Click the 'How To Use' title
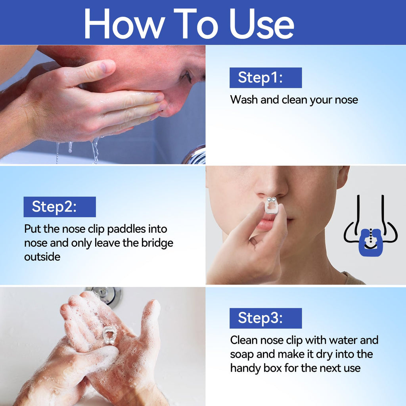(x=189, y=23)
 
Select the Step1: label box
(x=265, y=78)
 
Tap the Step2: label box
(x=59, y=207)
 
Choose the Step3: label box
(x=265, y=318)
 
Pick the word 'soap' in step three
(x=243, y=354)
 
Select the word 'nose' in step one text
(x=347, y=100)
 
